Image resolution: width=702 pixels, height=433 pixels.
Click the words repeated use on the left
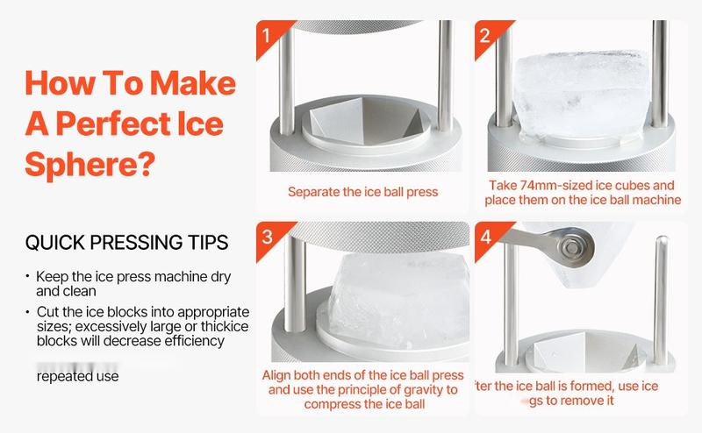click(78, 376)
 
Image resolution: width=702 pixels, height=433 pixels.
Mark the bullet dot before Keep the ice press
click(27, 277)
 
